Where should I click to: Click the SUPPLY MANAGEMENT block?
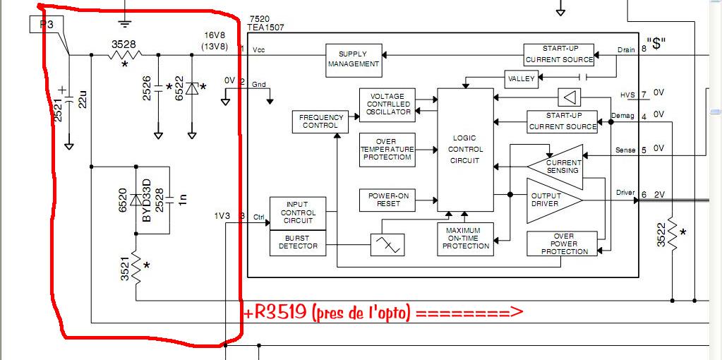(x=353, y=59)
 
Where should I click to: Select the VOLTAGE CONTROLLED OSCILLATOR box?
(x=386, y=104)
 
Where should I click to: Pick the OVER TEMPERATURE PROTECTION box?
(x=386, y=149)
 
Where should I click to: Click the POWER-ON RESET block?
(x=386, y=200)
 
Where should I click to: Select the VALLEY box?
(x=522, y=78)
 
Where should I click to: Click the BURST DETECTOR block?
(x=297, y=243)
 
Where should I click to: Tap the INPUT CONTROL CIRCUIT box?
(x=297, y=213)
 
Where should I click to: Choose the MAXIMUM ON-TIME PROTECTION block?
(x=465, y=238)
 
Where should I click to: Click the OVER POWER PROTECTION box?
(x=562, y=244)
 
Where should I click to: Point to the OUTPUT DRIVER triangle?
(x=550, y=200)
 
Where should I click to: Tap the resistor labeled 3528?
(x=125, y=54)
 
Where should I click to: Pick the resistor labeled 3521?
(x=136, y=269)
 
